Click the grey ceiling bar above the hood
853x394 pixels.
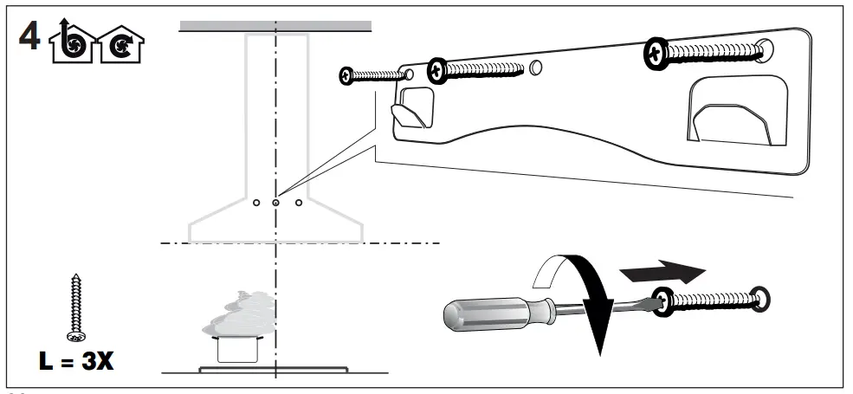tap(275, 26)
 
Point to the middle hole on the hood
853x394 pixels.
tap(275, 203)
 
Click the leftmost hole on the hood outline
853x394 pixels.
tap(255, 203)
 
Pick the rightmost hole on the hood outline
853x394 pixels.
tap(298, 203)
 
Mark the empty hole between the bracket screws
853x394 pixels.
tap(536, 67)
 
